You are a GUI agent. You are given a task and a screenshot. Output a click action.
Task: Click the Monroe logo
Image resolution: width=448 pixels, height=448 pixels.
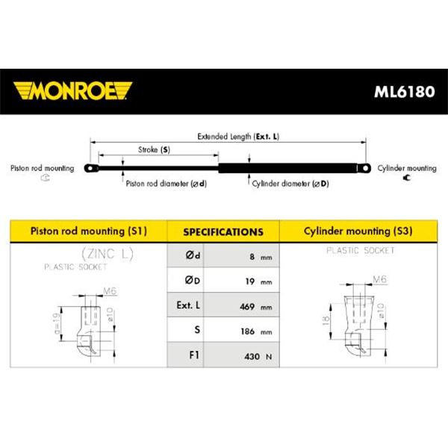tap(72, 91)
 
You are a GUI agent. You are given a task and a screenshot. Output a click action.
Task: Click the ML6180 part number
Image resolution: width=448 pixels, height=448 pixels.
tap(404, 92)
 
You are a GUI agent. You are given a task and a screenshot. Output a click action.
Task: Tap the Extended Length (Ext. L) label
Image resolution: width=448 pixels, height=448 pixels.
tap(238, 137)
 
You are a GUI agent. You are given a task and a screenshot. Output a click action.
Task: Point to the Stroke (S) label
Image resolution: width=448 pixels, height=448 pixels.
tap(154, 150)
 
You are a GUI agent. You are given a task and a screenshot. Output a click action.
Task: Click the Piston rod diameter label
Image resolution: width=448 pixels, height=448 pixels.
tap(167, 184)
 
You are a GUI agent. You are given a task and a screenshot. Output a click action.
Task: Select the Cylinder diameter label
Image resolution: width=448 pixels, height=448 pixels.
tap(290, 184)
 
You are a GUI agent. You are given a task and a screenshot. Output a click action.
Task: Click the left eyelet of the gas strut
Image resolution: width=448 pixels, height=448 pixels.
tap(91, 168)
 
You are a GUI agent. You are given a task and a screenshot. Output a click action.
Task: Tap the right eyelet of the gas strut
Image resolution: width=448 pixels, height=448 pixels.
tap(364, 168)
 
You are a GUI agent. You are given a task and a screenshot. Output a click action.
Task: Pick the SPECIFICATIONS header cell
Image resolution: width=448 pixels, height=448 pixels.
tap(223, 231)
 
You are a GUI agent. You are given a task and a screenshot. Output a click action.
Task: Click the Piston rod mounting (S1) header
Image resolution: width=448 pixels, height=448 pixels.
tap(89, 231)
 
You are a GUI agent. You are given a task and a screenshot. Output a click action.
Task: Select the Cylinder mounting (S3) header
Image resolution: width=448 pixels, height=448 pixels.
tap(358, 231)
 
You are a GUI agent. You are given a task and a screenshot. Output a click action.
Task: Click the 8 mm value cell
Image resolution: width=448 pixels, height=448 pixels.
tap(241, 255)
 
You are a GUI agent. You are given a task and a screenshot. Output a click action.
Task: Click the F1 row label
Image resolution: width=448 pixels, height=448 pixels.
tap(194, 355)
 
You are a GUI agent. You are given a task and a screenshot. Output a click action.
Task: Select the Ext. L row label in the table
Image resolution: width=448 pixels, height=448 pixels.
tap(188, 305)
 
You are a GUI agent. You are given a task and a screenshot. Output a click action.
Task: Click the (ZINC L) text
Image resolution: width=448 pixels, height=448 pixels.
tap(108, 254)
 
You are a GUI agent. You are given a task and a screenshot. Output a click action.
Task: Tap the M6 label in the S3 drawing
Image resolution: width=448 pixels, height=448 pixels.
tap(380, 279)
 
